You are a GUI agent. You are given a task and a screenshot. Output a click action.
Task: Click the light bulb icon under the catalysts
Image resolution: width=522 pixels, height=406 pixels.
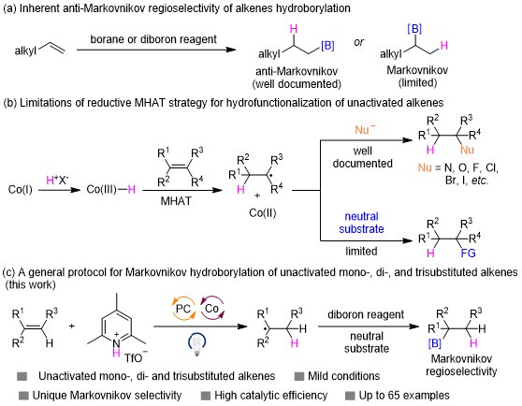[196, 343]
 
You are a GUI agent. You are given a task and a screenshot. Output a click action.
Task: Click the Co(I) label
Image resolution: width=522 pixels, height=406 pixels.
[21, 190]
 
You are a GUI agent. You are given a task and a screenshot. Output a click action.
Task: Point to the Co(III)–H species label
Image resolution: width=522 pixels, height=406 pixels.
[111, 190]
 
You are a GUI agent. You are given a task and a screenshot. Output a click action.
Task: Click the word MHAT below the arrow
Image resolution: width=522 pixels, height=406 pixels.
[176, 201]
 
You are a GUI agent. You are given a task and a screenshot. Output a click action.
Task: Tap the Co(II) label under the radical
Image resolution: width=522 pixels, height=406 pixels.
[263, 213]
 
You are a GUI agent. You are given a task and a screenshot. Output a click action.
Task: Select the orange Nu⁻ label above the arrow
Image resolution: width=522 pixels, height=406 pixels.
[365, 129]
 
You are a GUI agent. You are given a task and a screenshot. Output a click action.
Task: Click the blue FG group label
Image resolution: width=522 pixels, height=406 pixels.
[468, 254]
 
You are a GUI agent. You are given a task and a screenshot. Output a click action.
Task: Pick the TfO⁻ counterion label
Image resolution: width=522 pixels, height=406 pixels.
[136, 357]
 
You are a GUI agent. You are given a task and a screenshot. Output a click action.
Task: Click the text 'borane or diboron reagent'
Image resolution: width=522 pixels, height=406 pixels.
[153, 39]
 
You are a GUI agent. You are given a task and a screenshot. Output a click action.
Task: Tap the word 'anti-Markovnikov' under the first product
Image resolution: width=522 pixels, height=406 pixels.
[297, 71]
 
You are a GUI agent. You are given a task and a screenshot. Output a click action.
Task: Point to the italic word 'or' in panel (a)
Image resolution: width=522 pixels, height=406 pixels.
[358, 42]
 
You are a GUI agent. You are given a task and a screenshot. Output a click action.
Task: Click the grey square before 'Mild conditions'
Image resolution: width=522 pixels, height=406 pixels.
[299, 376]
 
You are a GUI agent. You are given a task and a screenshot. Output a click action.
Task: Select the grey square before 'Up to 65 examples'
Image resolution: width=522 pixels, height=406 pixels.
[350, 396]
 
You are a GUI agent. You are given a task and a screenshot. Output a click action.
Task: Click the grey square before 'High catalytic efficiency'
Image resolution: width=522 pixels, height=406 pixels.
[206, 396]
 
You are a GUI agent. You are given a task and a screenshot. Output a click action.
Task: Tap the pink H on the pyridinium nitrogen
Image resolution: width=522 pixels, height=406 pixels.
[116, 353]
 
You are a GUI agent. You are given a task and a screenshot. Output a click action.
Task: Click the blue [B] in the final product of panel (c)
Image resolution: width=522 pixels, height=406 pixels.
[435, 342]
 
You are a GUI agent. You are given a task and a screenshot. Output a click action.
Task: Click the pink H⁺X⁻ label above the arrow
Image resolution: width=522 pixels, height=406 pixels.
[57, 180]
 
